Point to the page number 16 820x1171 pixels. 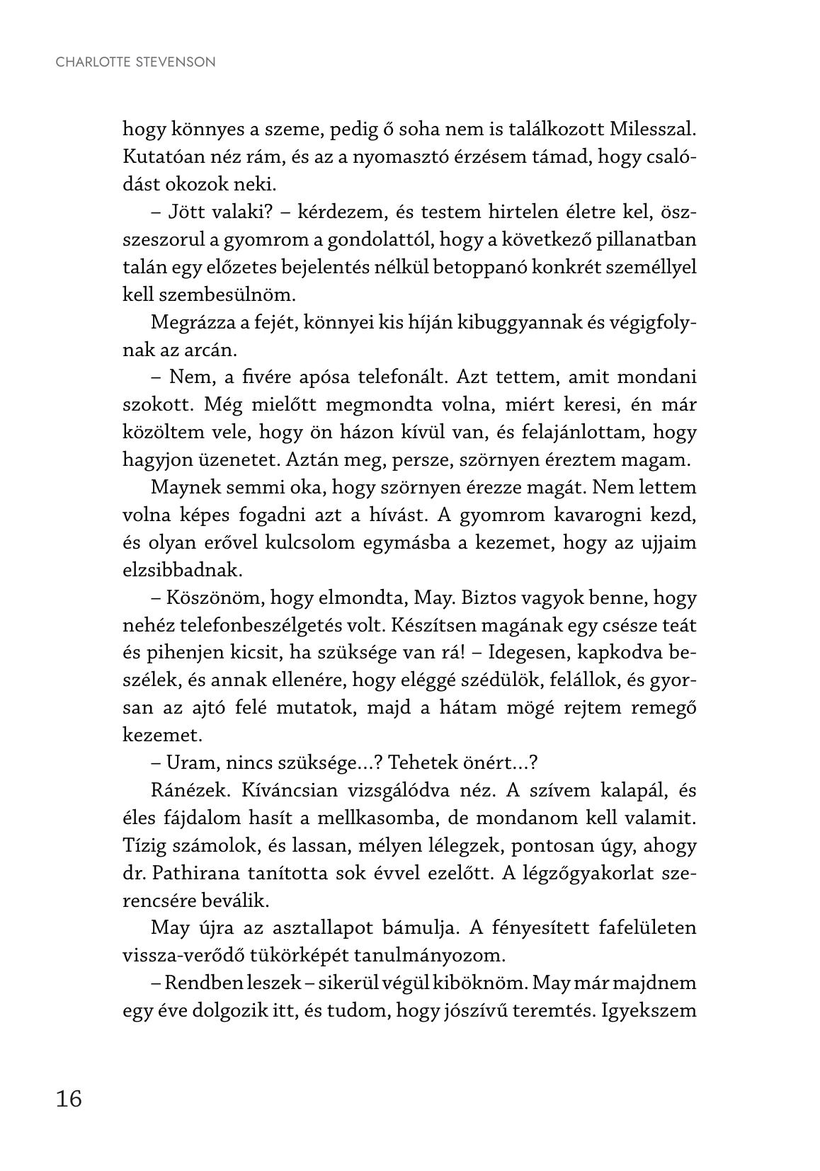[x=69, y=1098]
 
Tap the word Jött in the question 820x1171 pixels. [x=186, y=212]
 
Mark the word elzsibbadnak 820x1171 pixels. [x=183, y=570]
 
